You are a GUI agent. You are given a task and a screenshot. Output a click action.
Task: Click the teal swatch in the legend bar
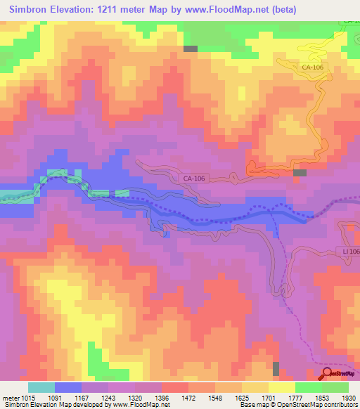click(41, 387)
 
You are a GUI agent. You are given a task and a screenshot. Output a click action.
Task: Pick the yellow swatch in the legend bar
click(282, 387)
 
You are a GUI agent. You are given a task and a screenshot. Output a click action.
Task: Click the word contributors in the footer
click(340, 405)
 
